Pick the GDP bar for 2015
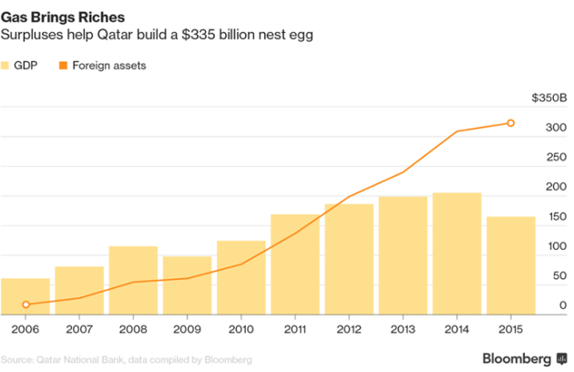(511, 264)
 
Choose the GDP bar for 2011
(295, 263)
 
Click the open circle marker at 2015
(510, 123)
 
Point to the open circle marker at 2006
(26, 305)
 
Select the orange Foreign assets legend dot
(63, 66)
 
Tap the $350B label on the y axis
(549, 98)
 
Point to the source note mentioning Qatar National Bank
(127, 360)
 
